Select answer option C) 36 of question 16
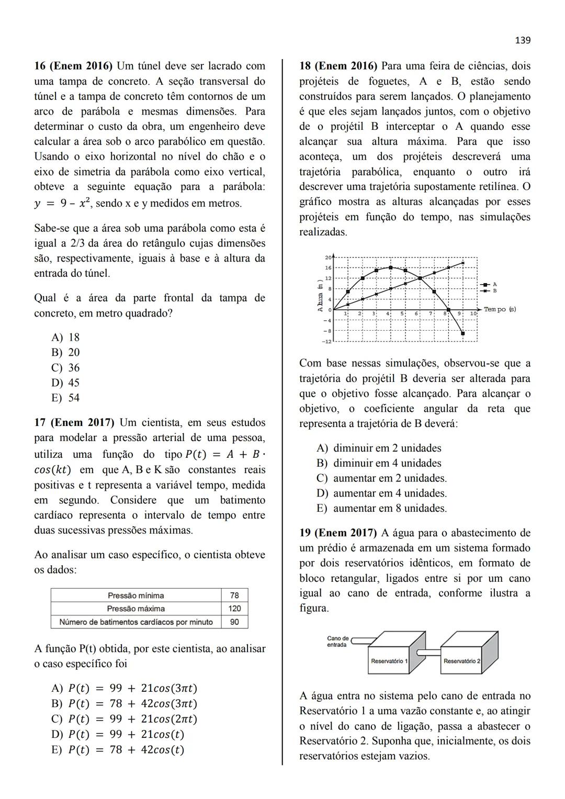pos(65,367)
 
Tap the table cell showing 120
pos(234,609)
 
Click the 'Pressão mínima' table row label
pos(135,595)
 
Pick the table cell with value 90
pos(234,622)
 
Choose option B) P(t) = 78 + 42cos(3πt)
pos(125,704)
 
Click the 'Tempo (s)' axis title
pos(500,309)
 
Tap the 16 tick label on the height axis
pos(328,268)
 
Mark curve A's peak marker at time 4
pos(391,267)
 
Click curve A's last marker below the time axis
pos(462,333)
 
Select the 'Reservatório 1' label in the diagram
pos(389,661)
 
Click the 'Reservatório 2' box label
pos(461,661)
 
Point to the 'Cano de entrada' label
pos(337,642)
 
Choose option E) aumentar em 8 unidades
pos(382,508)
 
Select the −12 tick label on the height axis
pos(327,341)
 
